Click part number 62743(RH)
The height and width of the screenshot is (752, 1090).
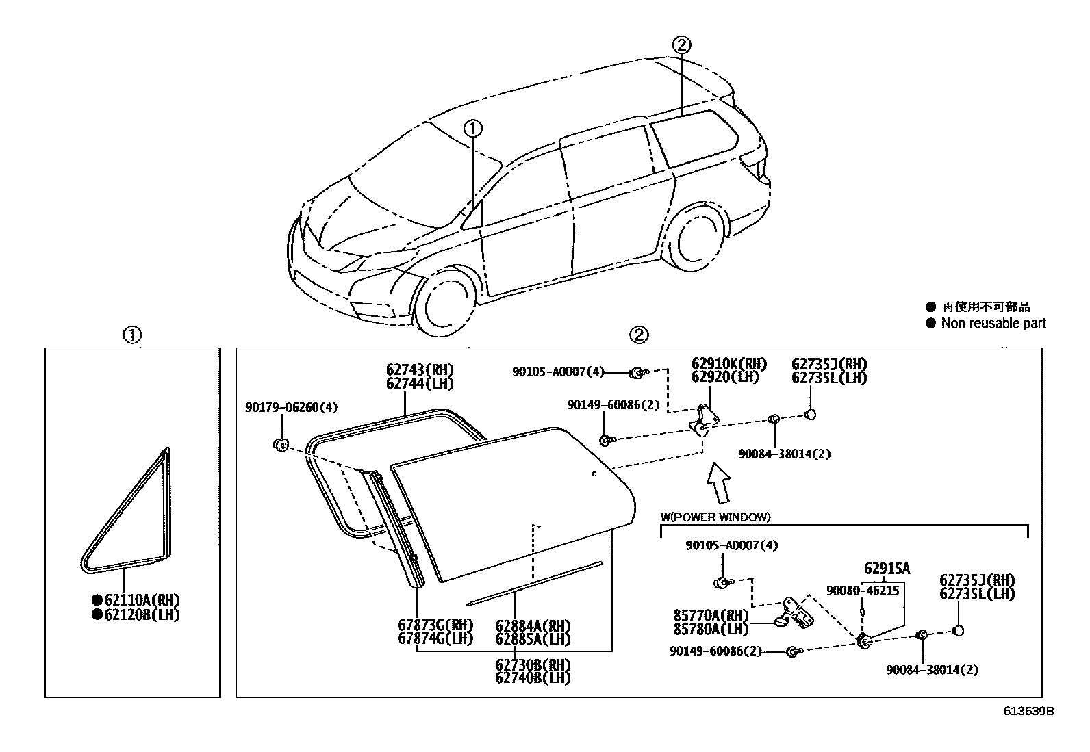tap(420, 370)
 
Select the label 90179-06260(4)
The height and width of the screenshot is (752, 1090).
tap(292, 408)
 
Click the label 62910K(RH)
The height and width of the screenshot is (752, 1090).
tap(728, 364)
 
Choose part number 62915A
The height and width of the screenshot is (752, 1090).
tap(887, 569)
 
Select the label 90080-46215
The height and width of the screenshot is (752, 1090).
tap(863, 590)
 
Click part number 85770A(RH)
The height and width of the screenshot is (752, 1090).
tap(712, 615)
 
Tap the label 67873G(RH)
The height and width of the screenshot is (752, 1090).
tap(435, 625)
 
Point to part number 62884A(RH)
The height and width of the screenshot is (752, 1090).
tap(533, 625)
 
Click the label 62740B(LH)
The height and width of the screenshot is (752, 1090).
tap(533, 678)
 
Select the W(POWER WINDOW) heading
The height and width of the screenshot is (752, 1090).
tap(715, 517)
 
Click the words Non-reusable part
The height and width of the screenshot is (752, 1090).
tap(993, 324)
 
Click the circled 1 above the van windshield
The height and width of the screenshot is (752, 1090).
tap(473, 128)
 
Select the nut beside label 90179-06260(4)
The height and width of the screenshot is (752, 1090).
tap(280, 444)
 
